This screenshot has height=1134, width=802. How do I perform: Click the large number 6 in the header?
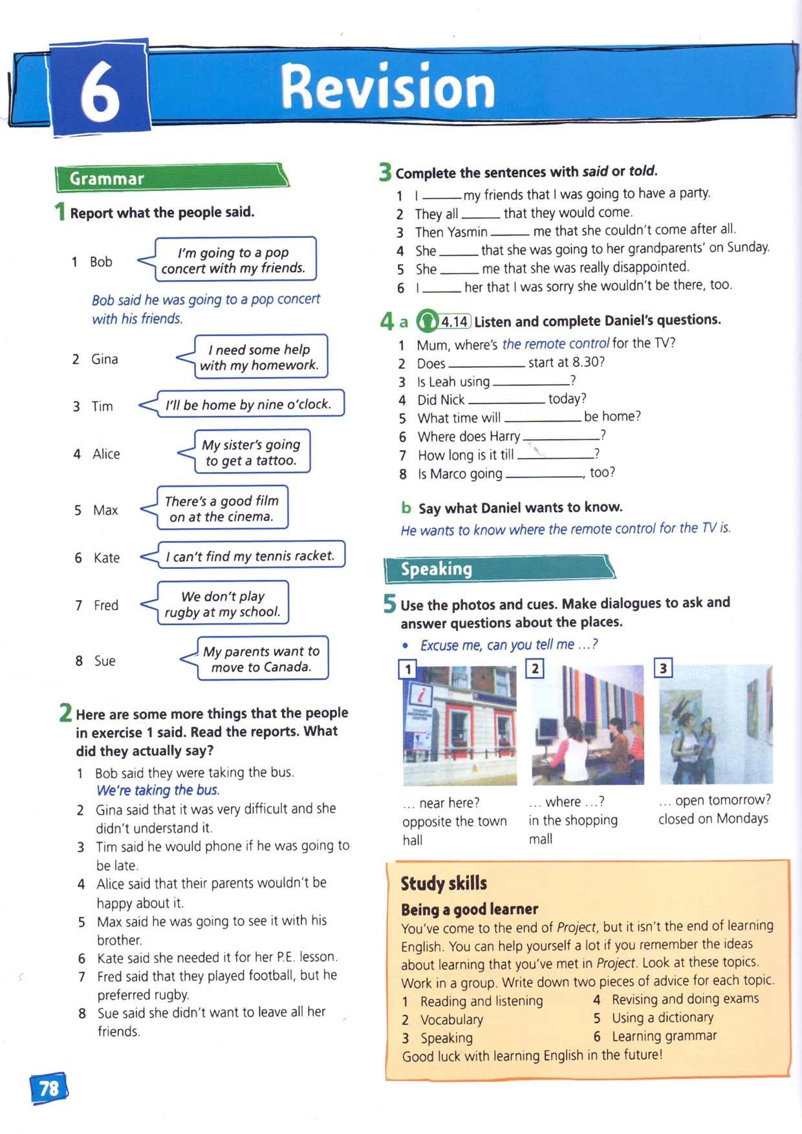100,91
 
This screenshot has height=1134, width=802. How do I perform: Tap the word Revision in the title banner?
387,87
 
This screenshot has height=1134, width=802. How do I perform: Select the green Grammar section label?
107,178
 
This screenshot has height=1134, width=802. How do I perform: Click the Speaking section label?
437,569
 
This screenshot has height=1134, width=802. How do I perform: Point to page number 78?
49,1088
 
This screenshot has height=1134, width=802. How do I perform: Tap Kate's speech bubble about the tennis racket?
250,556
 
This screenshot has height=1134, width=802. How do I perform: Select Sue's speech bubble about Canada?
261,659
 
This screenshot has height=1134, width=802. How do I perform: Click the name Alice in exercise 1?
106,454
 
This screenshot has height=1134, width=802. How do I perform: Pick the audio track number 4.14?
455,321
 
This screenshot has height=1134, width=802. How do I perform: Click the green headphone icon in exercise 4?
427,321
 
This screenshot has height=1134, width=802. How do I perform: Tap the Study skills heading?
444,883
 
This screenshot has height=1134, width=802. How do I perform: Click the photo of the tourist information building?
460,725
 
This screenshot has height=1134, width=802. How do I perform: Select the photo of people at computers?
587,725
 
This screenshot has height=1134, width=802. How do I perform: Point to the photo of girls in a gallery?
715,724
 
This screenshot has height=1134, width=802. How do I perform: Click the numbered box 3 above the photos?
663,668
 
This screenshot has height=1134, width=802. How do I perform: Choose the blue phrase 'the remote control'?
556,343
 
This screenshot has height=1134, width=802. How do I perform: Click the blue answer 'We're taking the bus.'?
158,790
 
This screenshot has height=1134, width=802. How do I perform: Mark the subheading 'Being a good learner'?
470,909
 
